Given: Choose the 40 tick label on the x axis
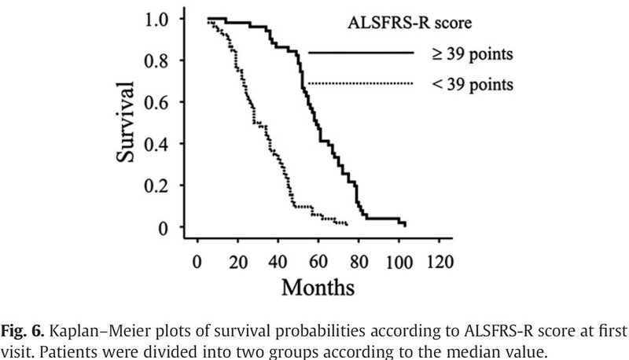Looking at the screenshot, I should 278,259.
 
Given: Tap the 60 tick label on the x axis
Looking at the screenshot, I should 318,259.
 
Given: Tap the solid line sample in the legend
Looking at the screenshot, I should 360,53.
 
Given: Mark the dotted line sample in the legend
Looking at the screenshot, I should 360,83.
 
